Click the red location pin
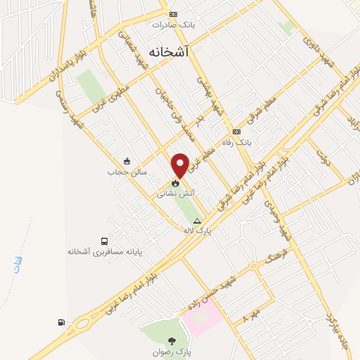pos(181,164)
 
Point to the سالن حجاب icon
pos(127,160)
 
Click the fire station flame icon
pos(172,180)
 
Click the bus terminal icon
pos(105,240)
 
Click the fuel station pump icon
pos(62,323)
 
